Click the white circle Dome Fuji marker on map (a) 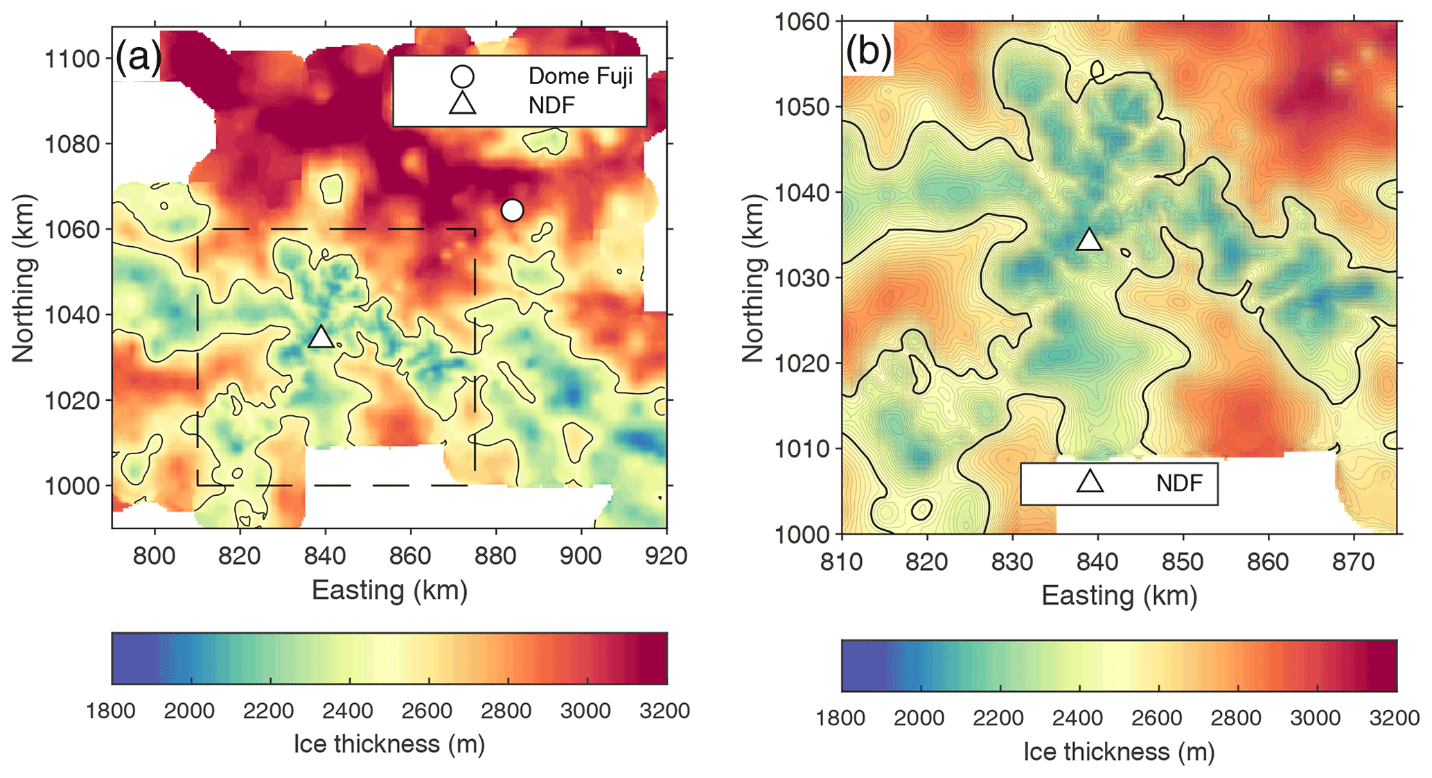[512, 209]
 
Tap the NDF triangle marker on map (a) [321, 337]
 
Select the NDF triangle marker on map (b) [1089, 240]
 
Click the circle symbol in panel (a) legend [462, 76]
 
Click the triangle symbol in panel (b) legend [1090, 482]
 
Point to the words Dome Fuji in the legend [580, 76]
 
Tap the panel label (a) [138, 55]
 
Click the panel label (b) [867, 51]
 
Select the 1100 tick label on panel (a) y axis [72, 59]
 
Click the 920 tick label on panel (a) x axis [666, 555]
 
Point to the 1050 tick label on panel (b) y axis [802, 107]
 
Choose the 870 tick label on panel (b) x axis [1353, 562]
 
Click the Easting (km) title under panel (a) [389, 591]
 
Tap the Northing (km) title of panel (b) [752, 277]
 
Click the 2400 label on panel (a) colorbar [348, 711]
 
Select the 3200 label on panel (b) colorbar [1394, 718]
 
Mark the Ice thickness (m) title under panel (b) [1119, 752]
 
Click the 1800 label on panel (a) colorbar [112, 711]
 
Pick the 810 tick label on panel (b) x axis [842, 562]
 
